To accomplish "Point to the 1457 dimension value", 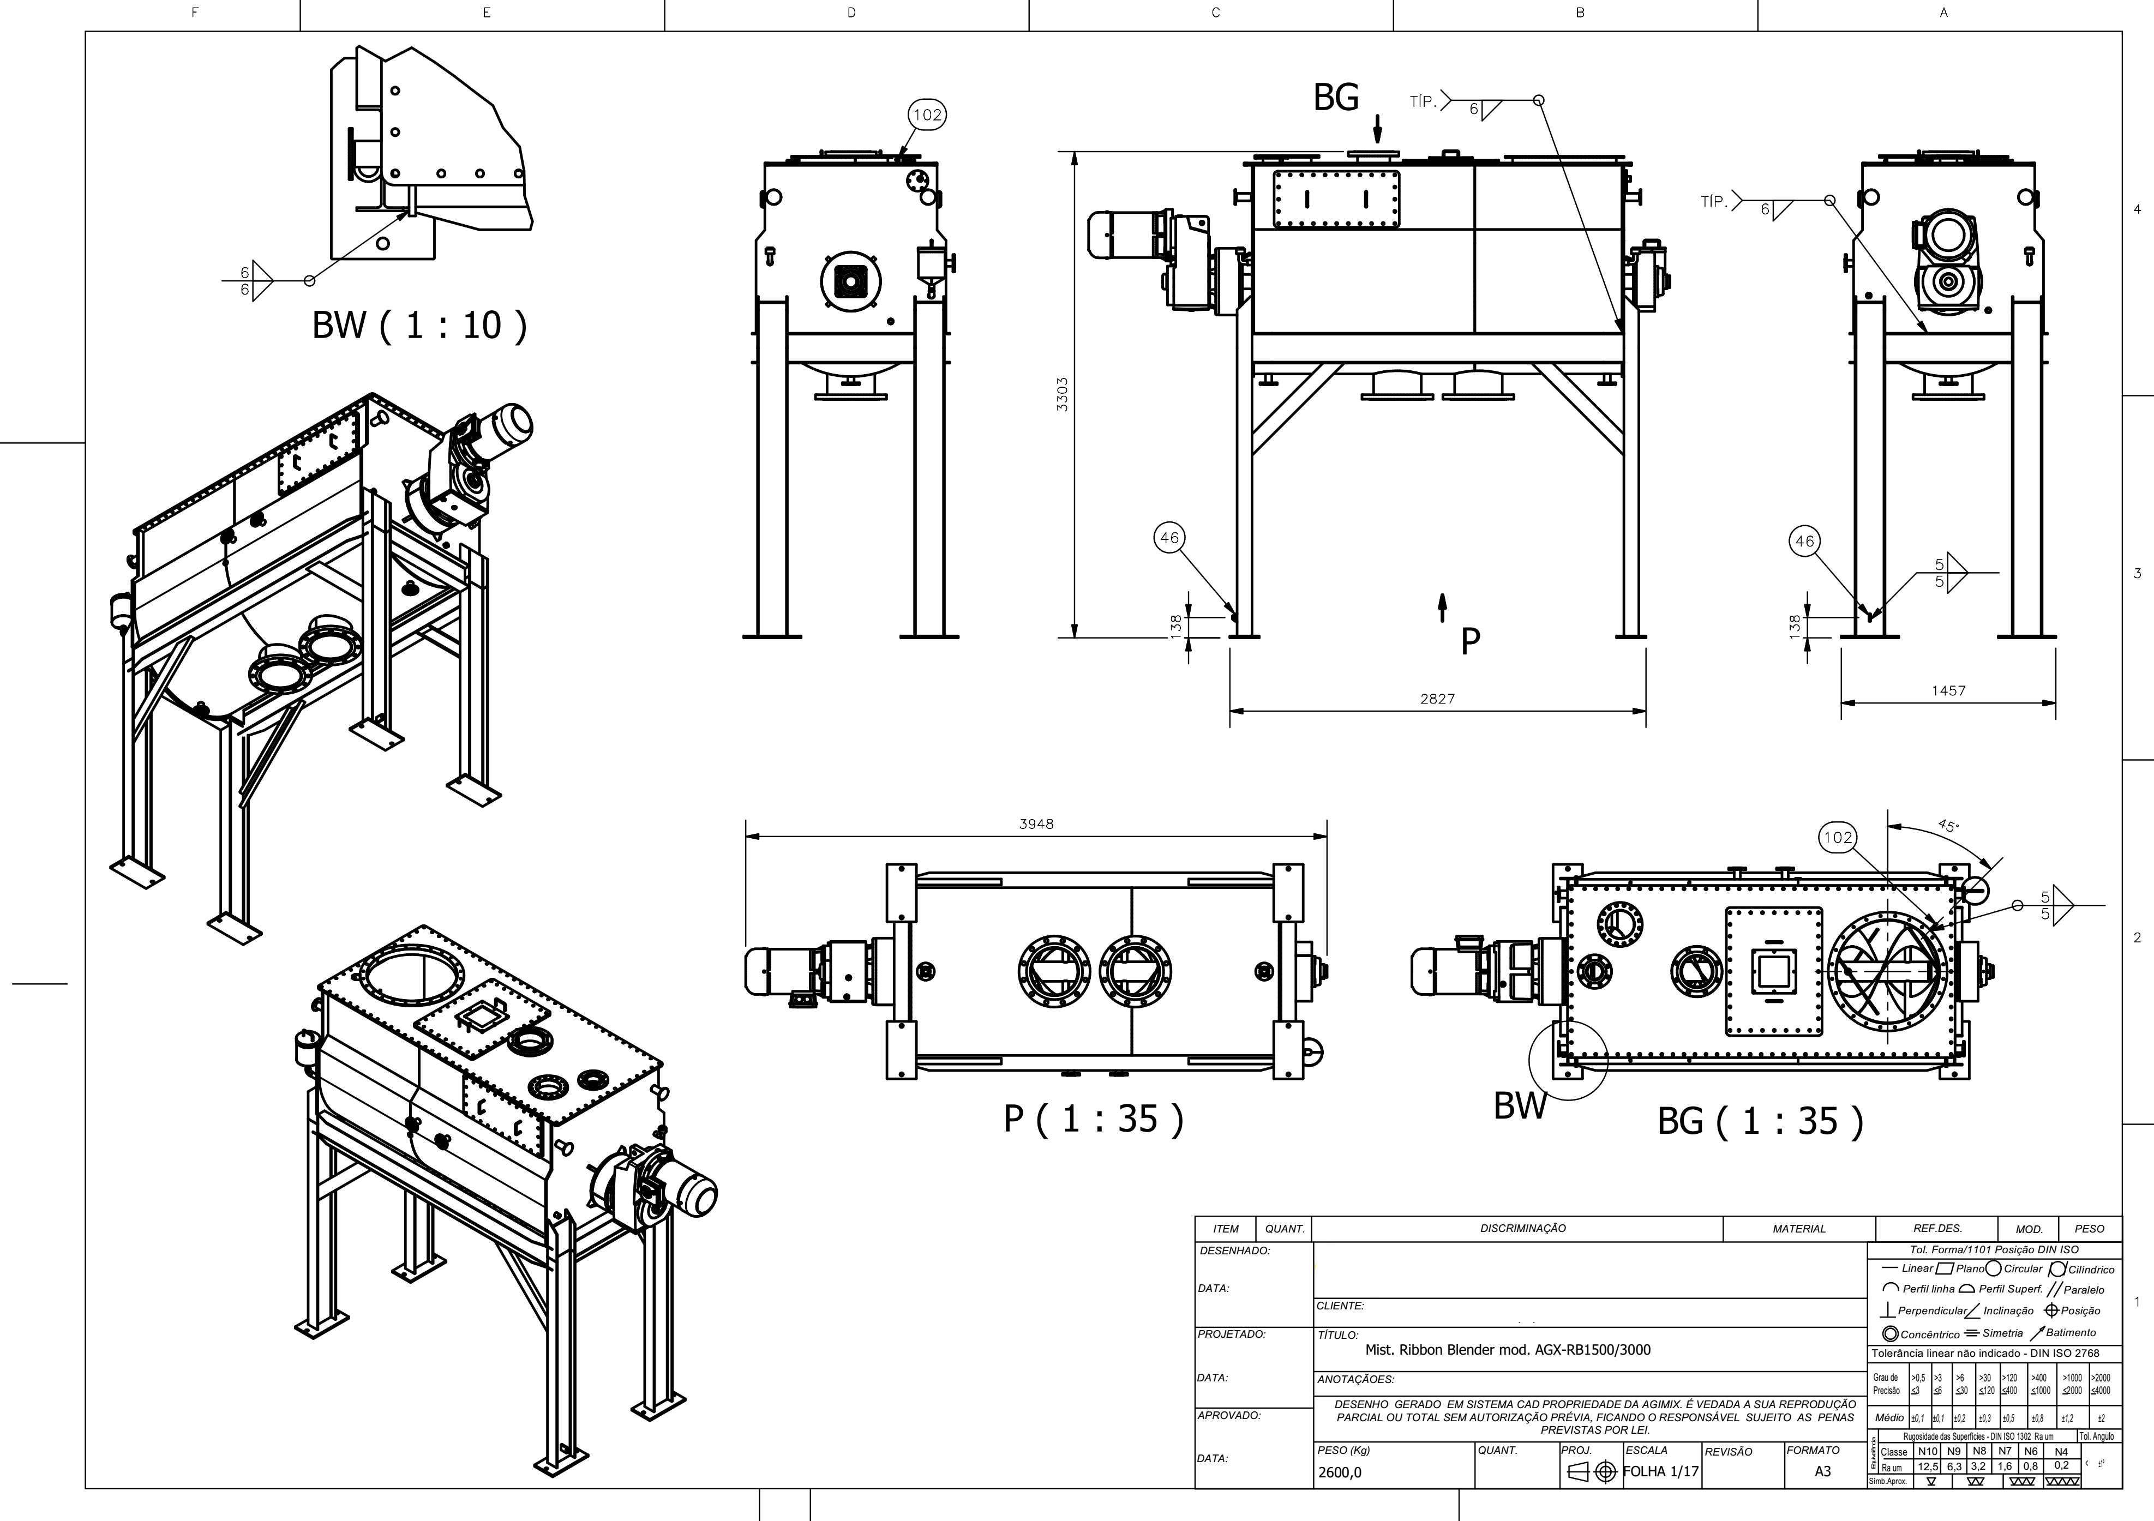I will coord(1948,690).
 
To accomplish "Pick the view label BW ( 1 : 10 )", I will coord(419,326).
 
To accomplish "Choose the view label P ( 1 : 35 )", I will coord(1094,1119).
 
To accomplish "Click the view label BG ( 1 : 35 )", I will coord(1760,1122).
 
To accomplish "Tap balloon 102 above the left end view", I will coord(927,115).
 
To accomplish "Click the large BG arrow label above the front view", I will coord(1336,98).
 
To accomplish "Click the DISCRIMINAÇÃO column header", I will coord(1522,1229).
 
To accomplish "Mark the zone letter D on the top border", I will coord(851,13).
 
